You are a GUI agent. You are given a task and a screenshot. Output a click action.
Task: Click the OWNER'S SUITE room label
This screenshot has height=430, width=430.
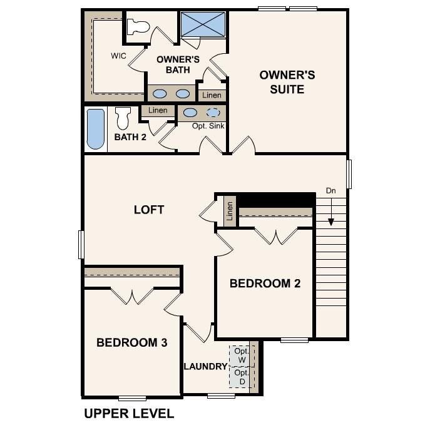tap(287, 82)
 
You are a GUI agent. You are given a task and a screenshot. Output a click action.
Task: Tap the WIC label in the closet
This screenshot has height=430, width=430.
tap(119, 55)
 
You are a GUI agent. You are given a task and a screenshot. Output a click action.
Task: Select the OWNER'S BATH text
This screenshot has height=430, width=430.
tap(177, 64)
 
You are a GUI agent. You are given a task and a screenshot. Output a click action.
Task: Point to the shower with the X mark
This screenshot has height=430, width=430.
tap(203, 24)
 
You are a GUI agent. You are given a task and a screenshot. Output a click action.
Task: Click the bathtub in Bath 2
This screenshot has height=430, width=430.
tap(95, 130)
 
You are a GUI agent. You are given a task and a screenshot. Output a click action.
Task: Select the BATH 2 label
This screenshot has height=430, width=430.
tap(130, 136)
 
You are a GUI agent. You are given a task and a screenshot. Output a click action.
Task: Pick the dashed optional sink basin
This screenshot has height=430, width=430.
tap(213, 113)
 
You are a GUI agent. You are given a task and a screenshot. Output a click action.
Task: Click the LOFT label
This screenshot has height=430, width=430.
tap(149, 209)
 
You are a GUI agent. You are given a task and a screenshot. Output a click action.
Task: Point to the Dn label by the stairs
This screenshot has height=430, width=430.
tap(330, 190)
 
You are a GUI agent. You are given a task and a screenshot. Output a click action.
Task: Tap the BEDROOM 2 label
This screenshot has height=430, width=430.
tap(265, 283)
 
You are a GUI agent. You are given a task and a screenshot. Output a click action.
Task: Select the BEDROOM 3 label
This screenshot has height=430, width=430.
tap(131, 342)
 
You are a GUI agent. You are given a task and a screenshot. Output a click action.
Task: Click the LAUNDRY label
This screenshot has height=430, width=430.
tap(205, 366)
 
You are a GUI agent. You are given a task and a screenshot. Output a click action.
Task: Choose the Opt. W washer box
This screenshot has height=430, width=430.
tap(242, 355)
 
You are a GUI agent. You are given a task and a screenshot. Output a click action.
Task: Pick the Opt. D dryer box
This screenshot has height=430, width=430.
tap(242, 377)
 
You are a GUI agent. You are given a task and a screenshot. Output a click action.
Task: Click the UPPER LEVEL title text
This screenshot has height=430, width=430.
tap(128, 413)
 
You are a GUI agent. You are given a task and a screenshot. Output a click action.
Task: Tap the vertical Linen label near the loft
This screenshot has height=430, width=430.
tap(230, 211)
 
